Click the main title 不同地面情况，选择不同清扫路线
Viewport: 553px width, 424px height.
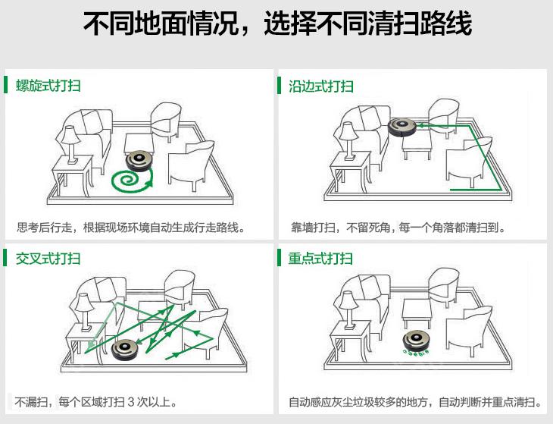coord(276,24)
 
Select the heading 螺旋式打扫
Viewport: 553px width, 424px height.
coord(48,86)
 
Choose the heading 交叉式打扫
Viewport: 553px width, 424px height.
coord(48,259)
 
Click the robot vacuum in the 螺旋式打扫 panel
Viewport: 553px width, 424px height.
coord(139,160)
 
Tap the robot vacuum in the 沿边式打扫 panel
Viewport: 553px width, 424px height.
coord(404,126)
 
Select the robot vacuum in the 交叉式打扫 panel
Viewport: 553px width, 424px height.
coord(126,349)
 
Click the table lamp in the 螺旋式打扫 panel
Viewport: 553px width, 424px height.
coord(70,141)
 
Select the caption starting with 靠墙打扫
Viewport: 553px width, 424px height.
coord(398,227)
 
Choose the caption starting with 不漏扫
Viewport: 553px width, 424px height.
coord(98,401)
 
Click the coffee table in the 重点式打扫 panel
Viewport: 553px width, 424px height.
coord(416,311)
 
